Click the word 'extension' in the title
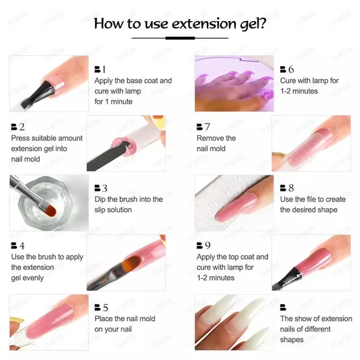tap(203, 23)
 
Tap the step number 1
tap(104, 69)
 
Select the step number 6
tap(291, 69)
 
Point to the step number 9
tap(208, 245)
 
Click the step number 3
tap(104, 188)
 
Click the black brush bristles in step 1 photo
tap(47, 90)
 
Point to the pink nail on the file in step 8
tap(236, 208)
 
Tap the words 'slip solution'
tap(113, 210)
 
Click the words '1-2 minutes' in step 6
tap(299, 91)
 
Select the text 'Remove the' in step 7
tap(216, 138)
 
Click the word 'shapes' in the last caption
tap(292, 340)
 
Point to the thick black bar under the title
tap(180, 38)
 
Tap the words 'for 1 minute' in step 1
tap(113, 101)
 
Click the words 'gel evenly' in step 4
tap(28, 278)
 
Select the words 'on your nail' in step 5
tap(113, 329)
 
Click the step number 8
tap(291, 188)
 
